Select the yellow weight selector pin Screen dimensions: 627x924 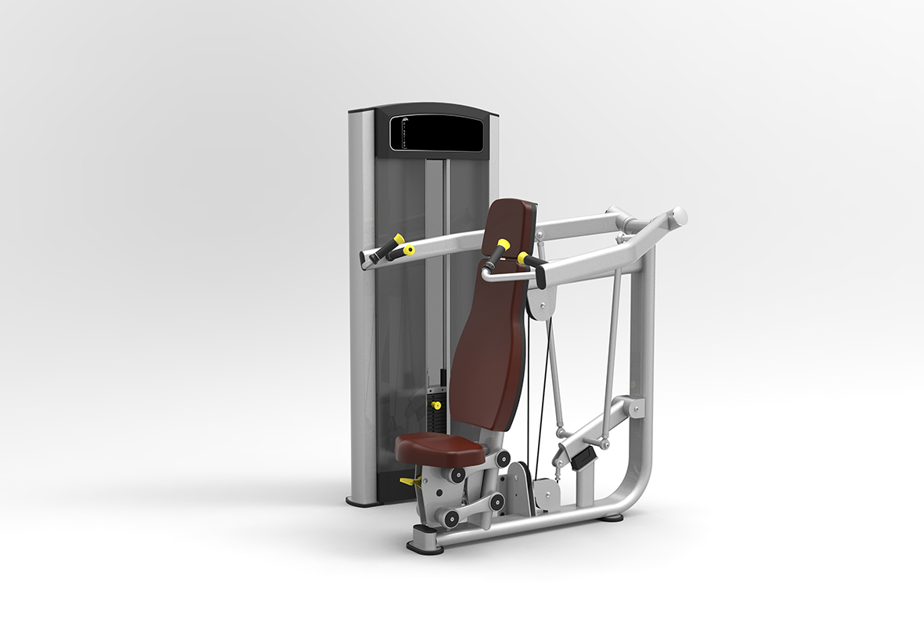(435, 405)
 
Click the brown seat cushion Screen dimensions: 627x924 (439, 448)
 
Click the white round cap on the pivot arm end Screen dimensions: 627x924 (680, 216)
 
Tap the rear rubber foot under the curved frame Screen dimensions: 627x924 (612, 517)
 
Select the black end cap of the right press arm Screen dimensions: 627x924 (540, 275)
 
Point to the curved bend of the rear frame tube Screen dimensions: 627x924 (638, 486)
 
